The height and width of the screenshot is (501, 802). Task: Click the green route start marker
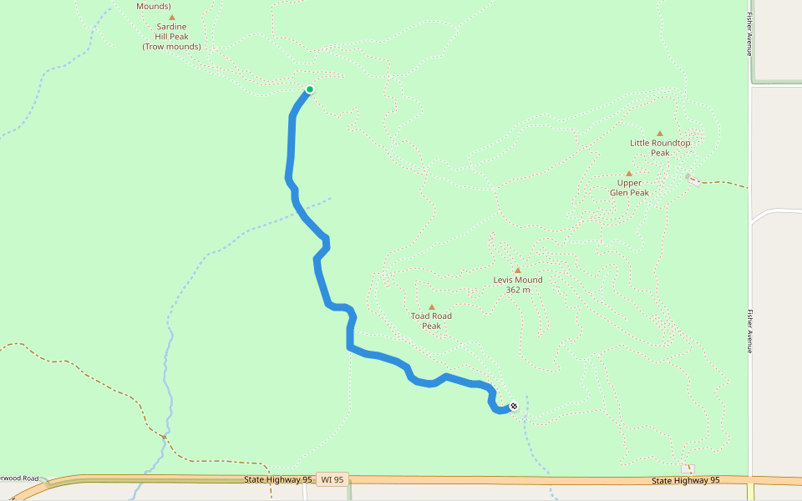310,89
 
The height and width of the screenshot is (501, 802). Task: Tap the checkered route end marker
514,407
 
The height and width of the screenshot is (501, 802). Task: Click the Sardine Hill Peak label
171,32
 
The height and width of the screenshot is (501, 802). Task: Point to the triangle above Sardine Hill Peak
172,17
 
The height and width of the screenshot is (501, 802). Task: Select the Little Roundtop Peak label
660,148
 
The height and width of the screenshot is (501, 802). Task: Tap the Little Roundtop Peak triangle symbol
659,134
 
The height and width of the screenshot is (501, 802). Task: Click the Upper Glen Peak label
629,187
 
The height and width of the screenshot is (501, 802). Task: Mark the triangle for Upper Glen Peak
629,174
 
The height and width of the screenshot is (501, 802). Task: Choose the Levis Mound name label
518,280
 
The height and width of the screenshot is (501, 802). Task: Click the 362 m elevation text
518,290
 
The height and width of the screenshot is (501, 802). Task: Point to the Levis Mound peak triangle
518,270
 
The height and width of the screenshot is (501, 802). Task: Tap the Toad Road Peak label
431,321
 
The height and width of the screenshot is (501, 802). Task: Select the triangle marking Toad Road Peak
432,307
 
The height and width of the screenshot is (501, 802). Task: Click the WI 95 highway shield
332,480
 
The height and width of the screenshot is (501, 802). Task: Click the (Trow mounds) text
171,47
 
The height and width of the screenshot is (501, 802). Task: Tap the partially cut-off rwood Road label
19,478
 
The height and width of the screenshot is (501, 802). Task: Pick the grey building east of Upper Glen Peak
692,180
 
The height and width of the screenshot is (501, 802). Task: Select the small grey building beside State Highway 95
688,468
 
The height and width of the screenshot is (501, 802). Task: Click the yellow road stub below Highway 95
751,492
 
